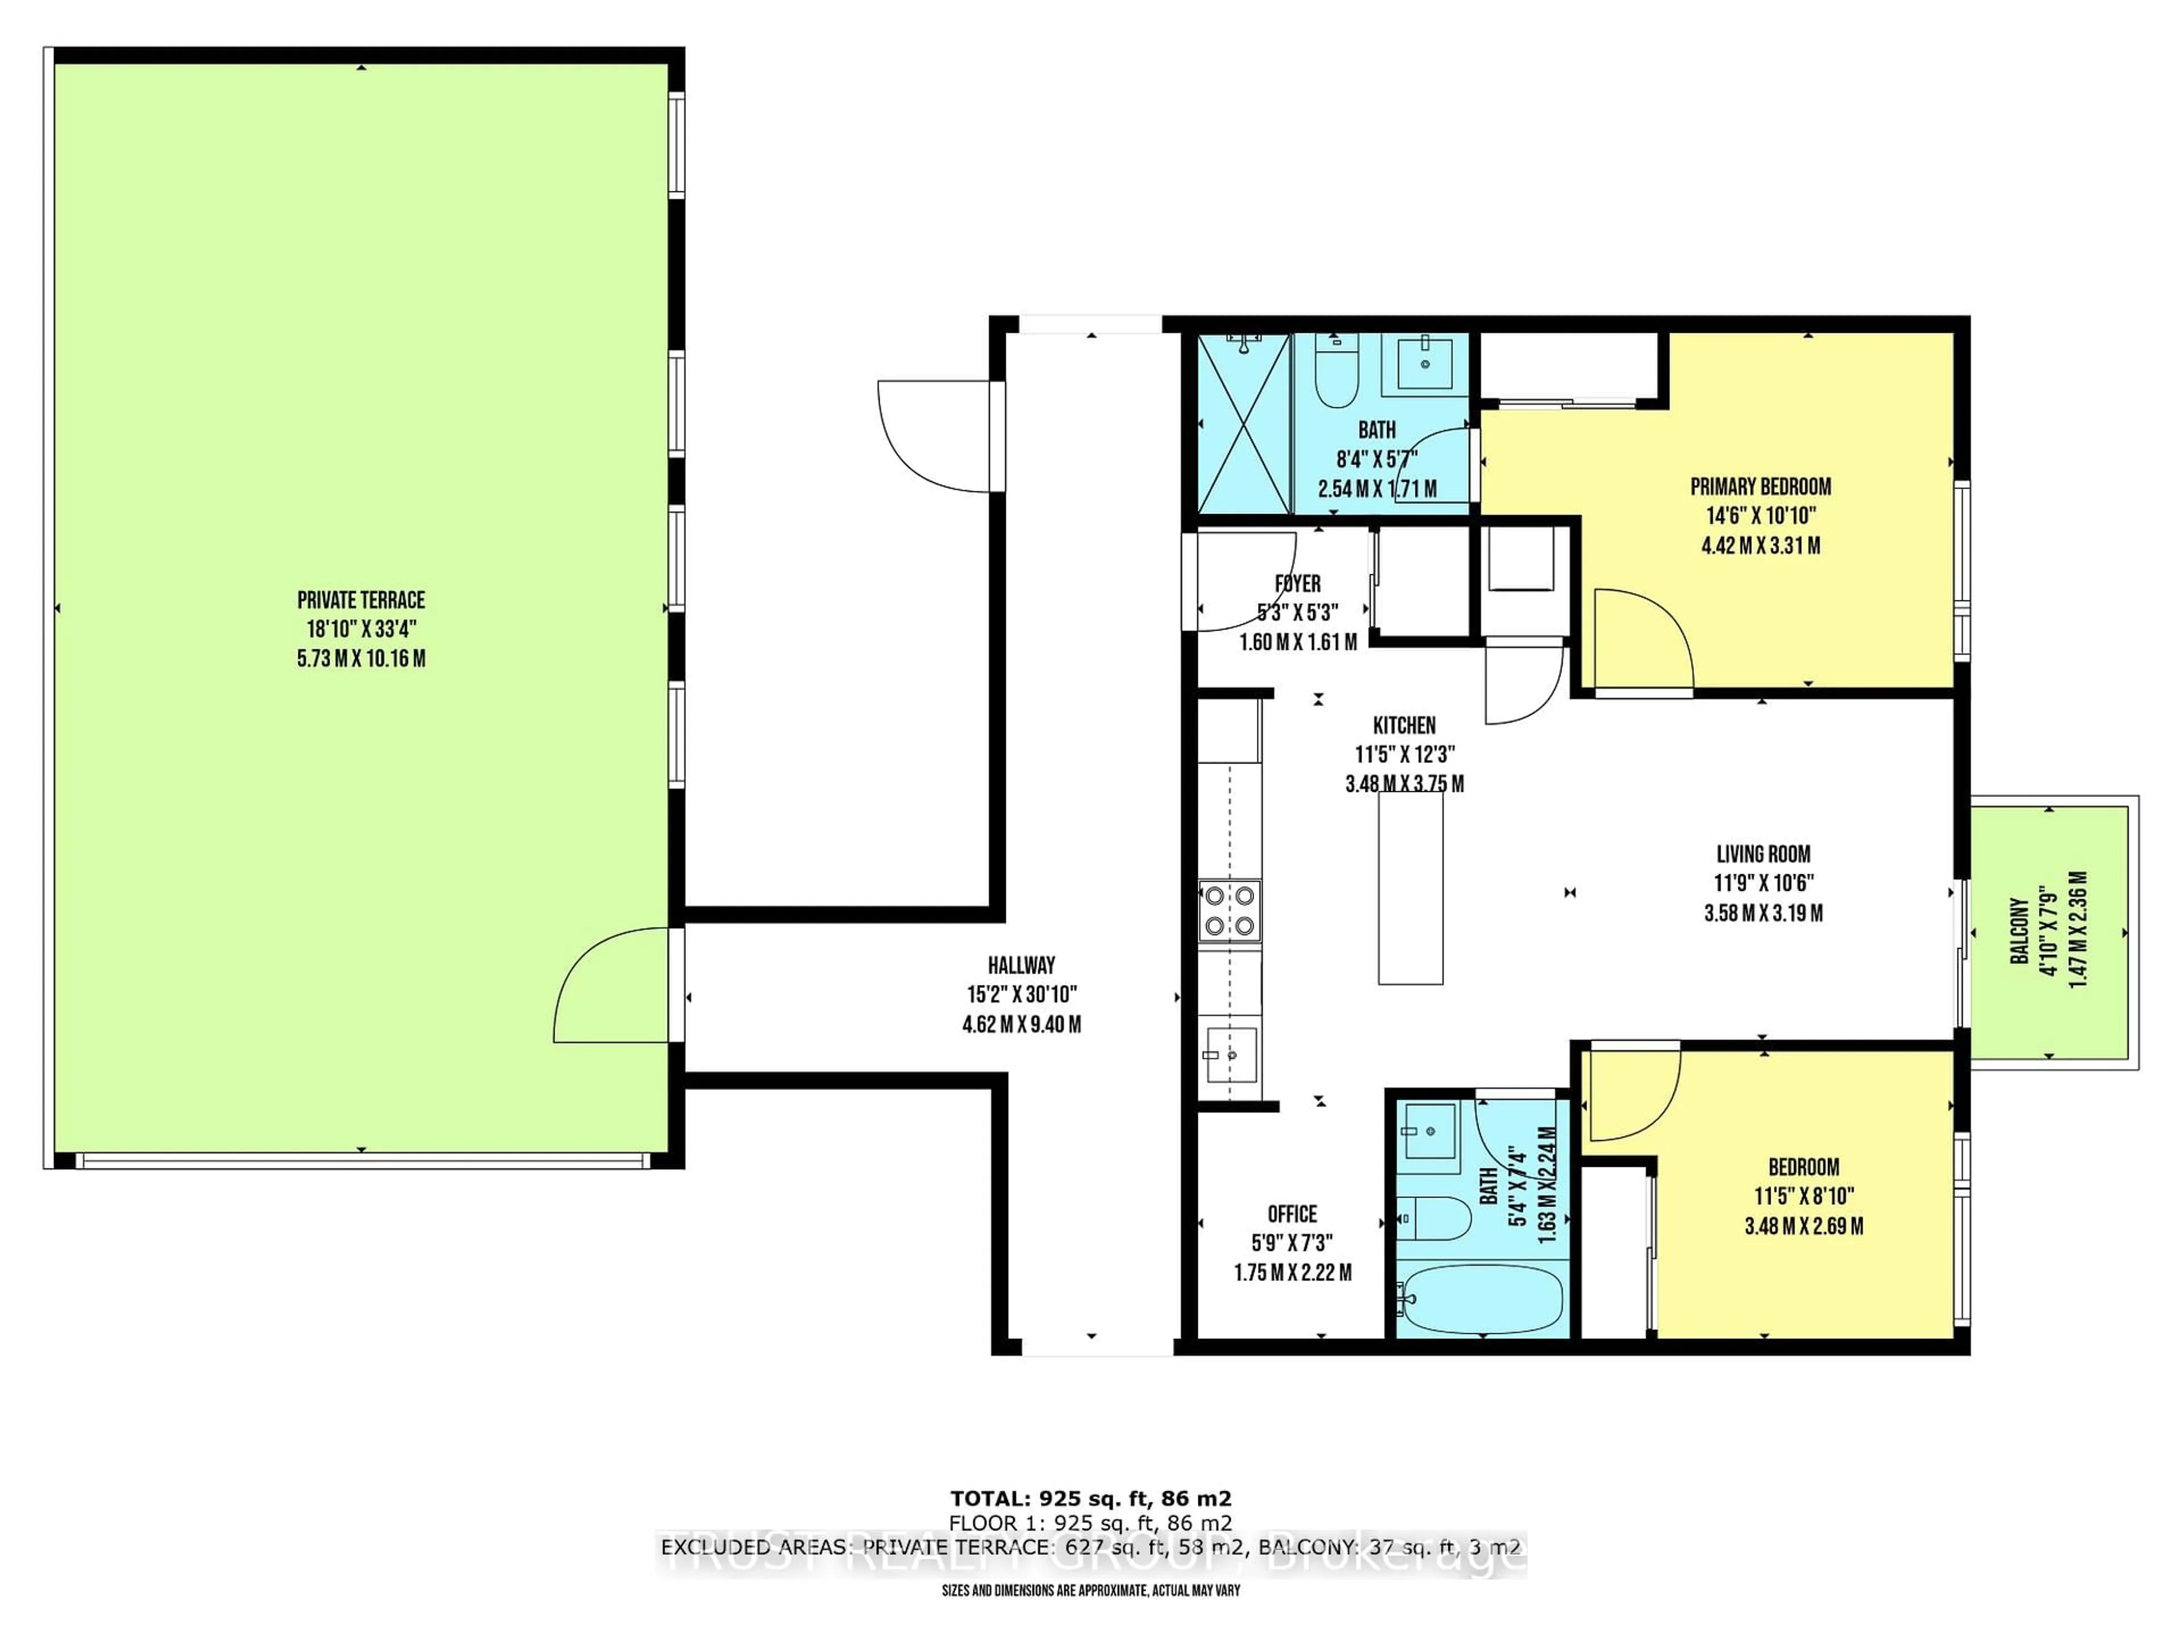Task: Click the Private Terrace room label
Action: (x=361, y=599)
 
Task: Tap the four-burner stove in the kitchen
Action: (x=1229, y=910)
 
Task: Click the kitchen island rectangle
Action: (x=1410, y=887)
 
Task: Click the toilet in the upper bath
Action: (x=1338, y=375)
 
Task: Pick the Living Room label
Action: (x=1763, y=854)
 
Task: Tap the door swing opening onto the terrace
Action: (x=611, y=986)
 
